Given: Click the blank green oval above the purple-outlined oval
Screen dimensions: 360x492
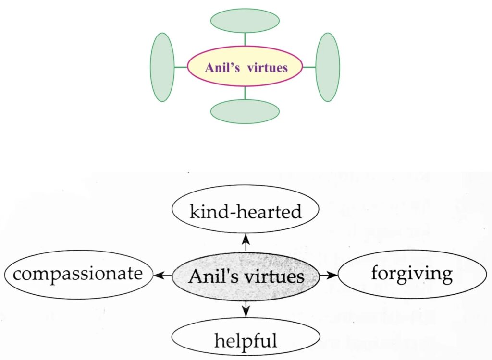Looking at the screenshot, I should point(245,21).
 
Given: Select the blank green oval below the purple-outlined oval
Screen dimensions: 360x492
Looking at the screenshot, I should point(245,111).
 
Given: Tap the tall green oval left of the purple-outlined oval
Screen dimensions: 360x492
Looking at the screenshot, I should point(162,67).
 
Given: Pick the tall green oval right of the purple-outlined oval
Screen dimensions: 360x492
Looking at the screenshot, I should point(328,67).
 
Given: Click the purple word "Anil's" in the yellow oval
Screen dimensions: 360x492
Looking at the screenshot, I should point(221,68).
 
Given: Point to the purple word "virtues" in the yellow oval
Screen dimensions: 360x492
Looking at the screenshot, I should point(267,68).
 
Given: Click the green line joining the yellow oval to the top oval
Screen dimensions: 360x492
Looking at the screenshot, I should point(245,39).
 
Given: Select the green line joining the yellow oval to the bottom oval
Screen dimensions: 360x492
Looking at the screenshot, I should point(245,93).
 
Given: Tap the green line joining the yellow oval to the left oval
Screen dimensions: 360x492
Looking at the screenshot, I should point(180,67).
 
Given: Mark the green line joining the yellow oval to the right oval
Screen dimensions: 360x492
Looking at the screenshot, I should point(309,67).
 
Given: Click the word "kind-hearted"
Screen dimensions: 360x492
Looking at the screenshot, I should point(246,211).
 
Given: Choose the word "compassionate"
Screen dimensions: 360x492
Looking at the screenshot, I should point(78,274).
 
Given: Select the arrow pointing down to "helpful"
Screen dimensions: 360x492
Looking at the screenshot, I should point(246,309).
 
